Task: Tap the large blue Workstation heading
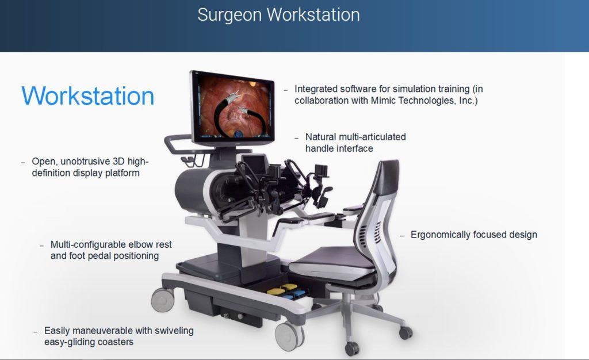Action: point(87,96)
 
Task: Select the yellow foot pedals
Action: point(282,289)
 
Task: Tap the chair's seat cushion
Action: point(332,262)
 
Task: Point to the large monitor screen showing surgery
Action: point(234,106)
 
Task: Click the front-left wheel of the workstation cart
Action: point(162,300)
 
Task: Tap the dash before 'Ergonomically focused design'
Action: point(402,236)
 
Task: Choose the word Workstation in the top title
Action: point(313,15)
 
